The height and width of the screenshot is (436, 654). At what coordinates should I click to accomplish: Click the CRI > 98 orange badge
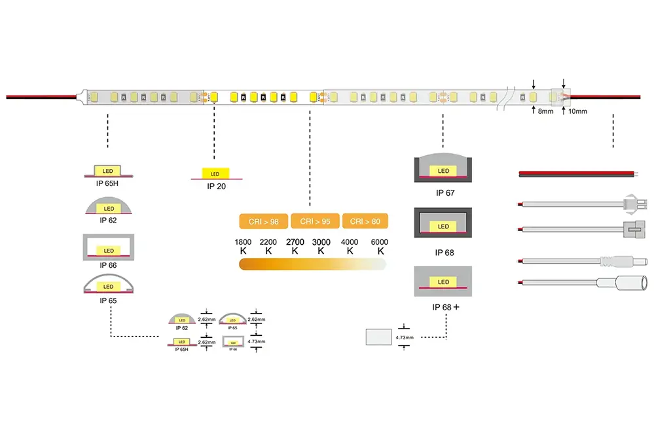pyautogui.click(x=264, y=221)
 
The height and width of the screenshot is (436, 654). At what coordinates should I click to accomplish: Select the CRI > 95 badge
pyautogui.click(x=315, y=221)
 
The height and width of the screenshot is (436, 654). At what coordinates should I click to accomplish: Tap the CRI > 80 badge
pyautogui.click(x=365, y=221)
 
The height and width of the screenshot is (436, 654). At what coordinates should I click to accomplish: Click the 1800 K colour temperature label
pyautogui.click(x=243, y=246)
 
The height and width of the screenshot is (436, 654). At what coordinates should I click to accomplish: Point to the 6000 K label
pyautogui.click(x=379, y=246)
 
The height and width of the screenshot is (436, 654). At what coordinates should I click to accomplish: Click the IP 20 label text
pyautogui.click(x=216, y=187)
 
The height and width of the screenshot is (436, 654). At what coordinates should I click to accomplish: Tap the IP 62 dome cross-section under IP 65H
pyautogui.click(x=108, y=207)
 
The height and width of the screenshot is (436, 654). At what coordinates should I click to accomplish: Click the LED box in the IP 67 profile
pyautogui.click(x=444, y=172)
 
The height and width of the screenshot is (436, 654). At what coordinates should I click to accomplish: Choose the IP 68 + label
pyautogui.click(x=445, y=307)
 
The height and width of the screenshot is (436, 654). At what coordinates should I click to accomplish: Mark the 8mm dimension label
pyautogui.click(x=545, y=112)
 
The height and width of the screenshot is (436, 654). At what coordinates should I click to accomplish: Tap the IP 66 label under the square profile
pyautogui.click(x=108, y=265)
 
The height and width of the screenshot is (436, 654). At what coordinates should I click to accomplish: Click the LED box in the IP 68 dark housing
pyautogui.click(x=444, y=227)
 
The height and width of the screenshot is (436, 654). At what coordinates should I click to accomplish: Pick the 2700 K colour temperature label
pyautogui.click(x=295, y=246)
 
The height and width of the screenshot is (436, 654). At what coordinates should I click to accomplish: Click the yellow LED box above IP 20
pyautogui.click(x=216, y=173)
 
